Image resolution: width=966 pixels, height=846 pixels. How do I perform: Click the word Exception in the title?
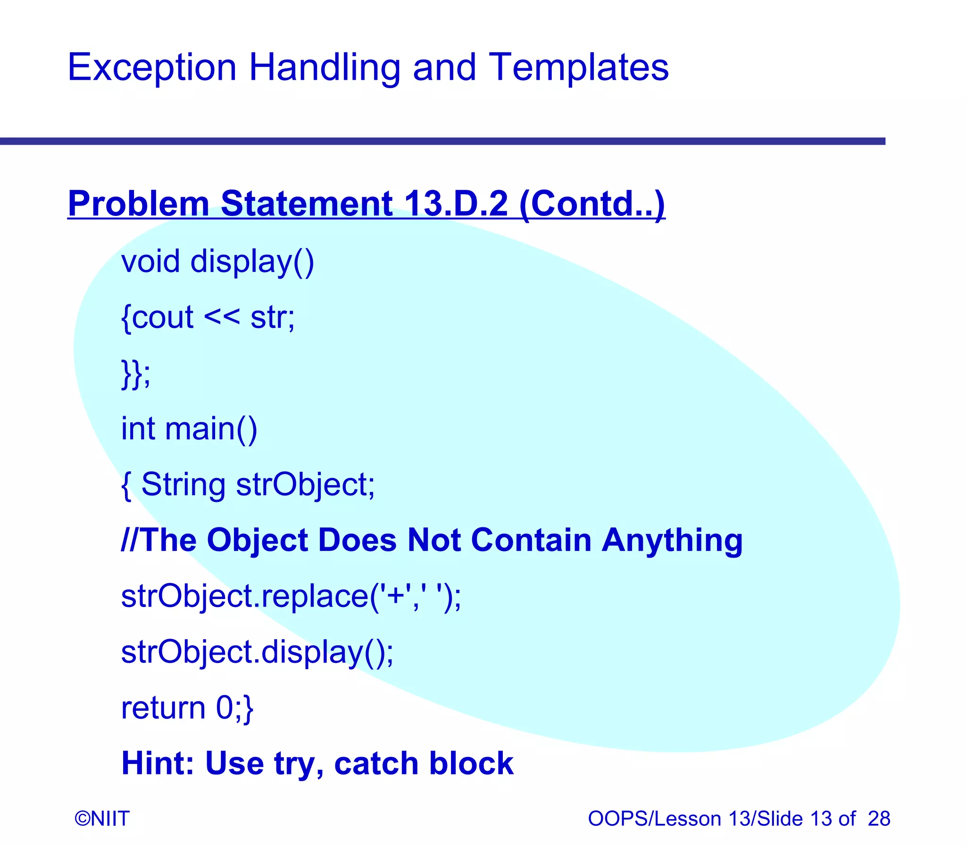point(151,68)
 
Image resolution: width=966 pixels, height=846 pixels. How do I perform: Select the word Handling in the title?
point(324,68)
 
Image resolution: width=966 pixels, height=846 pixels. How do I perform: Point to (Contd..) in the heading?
point(591,204)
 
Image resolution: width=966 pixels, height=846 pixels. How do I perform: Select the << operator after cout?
point(222,317)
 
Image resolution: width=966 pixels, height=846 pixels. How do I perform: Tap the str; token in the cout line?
point(273,317)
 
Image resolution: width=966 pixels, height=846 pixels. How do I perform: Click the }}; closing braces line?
point(135,373)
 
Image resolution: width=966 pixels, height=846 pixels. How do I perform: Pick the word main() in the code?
point(211,429)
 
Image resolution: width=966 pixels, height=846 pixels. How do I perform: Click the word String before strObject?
point(183,485)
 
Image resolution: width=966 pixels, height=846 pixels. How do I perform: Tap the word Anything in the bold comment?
point(672,540)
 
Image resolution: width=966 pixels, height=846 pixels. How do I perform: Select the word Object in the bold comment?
point(257,540)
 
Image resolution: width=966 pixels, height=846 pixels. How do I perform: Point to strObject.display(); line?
point(257,652)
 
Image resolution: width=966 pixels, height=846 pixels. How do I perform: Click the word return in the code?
point(163,708)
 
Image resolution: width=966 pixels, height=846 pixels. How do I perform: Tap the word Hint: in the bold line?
point(158,764)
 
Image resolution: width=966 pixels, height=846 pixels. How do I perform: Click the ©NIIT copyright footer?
point(102,819)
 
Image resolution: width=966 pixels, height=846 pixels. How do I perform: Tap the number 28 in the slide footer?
point(879,819)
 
